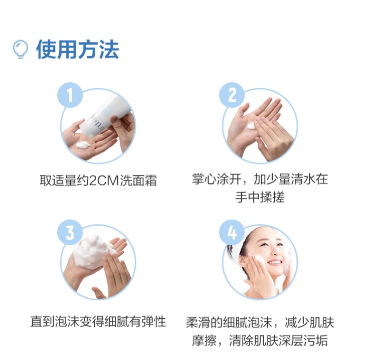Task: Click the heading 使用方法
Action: [77, 50]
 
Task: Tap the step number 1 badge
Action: [70, 95]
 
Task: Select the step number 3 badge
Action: [70, 232]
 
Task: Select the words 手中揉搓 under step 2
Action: [260, 197]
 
